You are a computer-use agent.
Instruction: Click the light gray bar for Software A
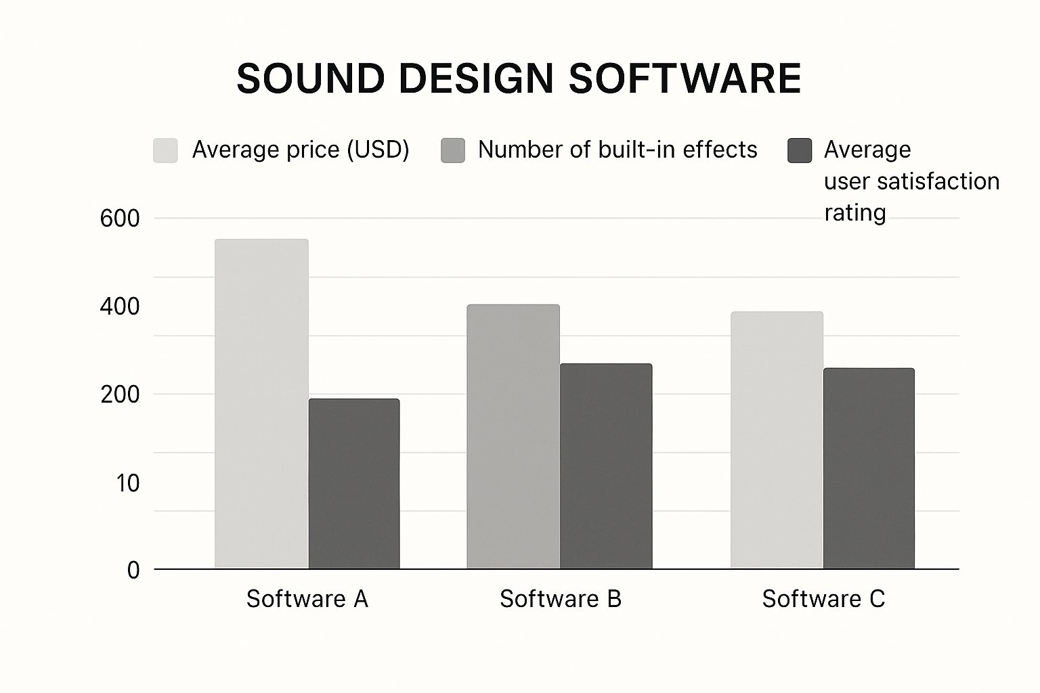point(261,403)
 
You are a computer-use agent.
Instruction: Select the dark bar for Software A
point(354,483)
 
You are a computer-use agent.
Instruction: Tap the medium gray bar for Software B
point(513,437)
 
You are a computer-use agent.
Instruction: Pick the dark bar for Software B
point(606,466)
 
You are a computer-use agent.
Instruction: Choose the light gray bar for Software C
point(777,440)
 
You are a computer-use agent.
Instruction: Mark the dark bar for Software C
point(869,468)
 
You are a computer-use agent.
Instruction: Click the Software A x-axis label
point(307,599)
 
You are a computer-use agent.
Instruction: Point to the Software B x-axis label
point(561,599)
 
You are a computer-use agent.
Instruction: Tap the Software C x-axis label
point(823,599)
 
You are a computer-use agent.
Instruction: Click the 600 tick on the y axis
point(120,219)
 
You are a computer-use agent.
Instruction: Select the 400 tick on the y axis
point(120,307)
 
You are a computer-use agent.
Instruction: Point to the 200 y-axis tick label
point(120,395)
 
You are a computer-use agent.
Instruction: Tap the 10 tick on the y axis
point(127,483)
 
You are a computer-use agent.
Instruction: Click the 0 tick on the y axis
point(133,570)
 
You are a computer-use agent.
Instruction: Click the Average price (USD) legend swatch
point(165,150)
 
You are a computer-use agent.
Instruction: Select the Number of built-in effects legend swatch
point(453,150)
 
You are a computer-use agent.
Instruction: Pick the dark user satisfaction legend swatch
point(800,150)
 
